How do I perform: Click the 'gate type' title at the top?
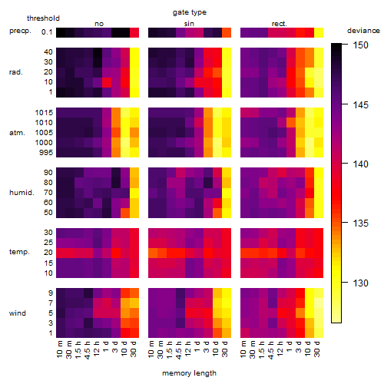(190, 12)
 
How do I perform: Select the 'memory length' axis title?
(189, 373)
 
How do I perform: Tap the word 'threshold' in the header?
(43, 18)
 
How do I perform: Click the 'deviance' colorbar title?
(363, 31)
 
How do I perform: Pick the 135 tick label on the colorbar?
(360, 223)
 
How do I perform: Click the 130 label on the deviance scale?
(360, 283)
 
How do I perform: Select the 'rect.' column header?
(279, 24)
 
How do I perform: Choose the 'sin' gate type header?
(189, 24)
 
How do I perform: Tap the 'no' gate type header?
(99, 24)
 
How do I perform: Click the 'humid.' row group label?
(22, 193)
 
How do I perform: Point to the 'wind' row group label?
(18, 313)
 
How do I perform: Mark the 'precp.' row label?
(20, 31)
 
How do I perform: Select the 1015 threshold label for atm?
(44, 113)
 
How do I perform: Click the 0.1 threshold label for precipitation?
(47, 32)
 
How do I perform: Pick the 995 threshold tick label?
(46, 153)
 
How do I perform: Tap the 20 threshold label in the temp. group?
(48, 252)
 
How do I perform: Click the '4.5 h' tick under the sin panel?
(179, 349)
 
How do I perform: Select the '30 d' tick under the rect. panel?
(317, 349)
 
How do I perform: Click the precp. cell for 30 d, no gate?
(134, 32)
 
